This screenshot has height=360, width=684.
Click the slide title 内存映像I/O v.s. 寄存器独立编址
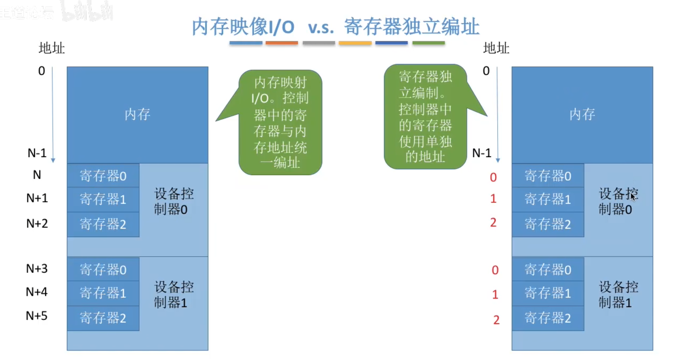point(335,27)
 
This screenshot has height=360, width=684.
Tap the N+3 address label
point(37,269)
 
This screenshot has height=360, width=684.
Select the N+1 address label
point(37,198)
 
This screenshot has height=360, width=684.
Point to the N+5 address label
point(37,316)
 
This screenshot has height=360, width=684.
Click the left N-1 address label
point(37,153)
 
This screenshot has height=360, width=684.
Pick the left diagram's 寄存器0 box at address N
point(103,176)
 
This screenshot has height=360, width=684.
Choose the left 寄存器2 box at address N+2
point(103,224)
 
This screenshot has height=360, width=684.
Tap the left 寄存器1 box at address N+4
point(103,293)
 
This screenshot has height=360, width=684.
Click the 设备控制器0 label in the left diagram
point(173,201)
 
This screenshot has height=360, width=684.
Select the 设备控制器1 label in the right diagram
point(618,295)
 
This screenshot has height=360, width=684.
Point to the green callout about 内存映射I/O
point(280,122)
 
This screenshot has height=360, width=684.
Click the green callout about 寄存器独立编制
point(425,116)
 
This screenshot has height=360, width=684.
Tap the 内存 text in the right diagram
point(582,114)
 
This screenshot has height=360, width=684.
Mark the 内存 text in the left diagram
point(137,114)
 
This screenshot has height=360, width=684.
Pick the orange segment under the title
point(282,43)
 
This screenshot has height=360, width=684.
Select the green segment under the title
point(428,43)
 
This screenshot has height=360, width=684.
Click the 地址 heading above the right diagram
point(496,48)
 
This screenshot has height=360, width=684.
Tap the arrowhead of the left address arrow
point(53,160)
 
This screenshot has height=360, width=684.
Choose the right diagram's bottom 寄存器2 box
point(548,318)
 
